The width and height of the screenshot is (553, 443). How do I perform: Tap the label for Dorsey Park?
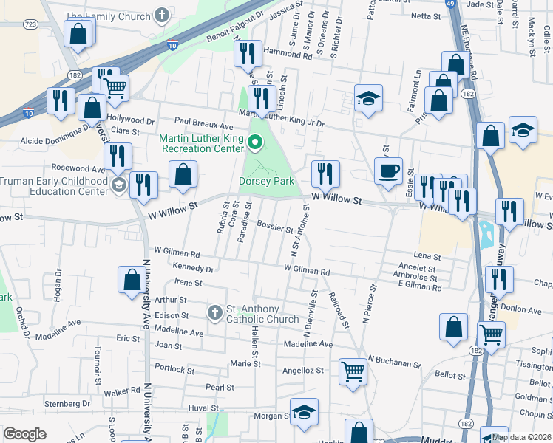pos(266,181)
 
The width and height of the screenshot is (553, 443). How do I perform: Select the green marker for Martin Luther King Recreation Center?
pos(257,143)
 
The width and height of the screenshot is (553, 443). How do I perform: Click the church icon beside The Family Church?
pos(162,15)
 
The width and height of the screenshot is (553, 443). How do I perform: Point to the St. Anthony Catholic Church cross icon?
pos(214,313)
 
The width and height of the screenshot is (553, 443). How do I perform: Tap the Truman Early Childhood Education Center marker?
pos(118,182)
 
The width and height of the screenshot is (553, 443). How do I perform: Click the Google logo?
pos(24,434)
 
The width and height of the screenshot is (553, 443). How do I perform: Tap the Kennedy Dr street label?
pos(193,268)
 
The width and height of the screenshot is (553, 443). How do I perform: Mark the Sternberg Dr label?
pos(67,404)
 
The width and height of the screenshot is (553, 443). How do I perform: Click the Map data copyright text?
pos(520,437)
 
